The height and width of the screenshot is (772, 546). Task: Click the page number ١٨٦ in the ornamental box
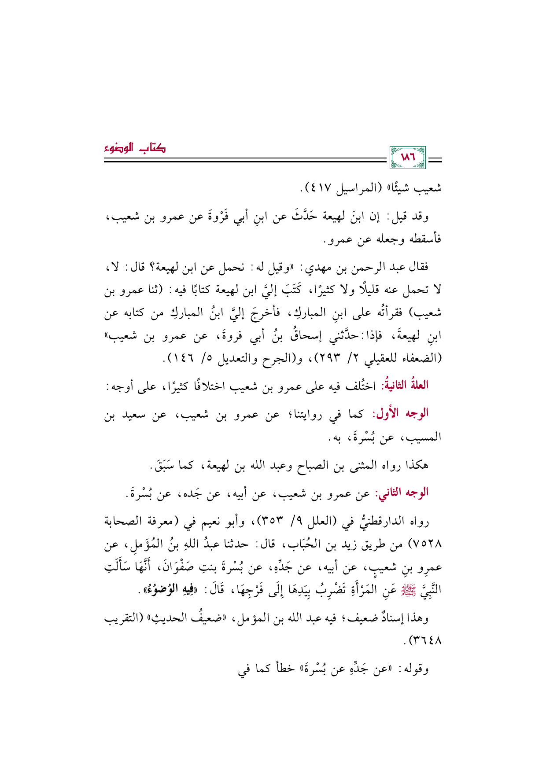pos(407,157)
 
